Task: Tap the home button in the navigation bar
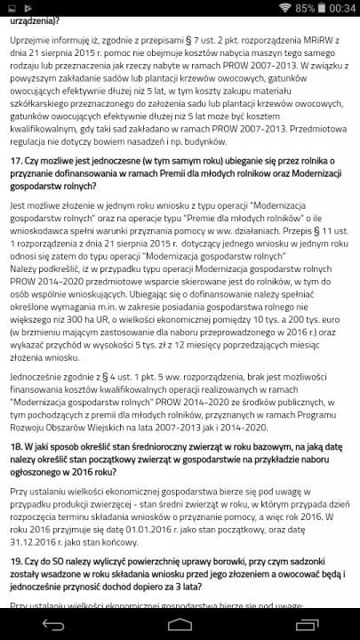(x=180, y=623)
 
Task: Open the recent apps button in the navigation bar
(x=300, y=623)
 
